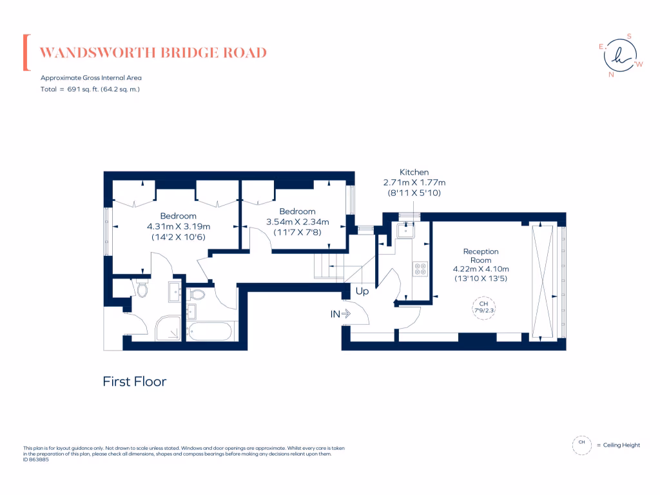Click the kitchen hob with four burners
coord(421,268)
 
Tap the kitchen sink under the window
coord(407,229)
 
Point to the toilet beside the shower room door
coord(142,290)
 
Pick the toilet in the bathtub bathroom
coord(198,295)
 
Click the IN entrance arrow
coord(340,314)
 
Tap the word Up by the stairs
coord(362,291)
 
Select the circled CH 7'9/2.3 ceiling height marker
coord(482,307)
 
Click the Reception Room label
coord(481,256)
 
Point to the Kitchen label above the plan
coord(414,172)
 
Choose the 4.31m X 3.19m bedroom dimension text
coord(179,226)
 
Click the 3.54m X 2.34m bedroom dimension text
coord(297,222)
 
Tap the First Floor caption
coord(135,382)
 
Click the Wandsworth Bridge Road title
coord(153,53)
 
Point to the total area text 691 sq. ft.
coord(90,89)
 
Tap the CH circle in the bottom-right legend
coord(581,445)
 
